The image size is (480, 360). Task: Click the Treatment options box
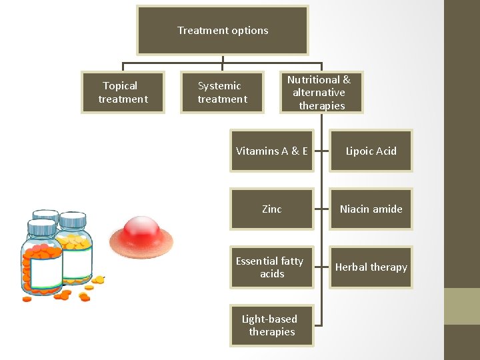coord(222,30)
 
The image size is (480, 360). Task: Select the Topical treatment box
coord(123,92)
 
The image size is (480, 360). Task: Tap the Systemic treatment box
coord(222,92)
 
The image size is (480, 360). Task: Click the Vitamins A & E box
coord(271,151)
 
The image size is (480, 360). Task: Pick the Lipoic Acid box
coord(371,151)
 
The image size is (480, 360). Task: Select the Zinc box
coord(271,209)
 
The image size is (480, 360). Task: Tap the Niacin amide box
coord(371,209)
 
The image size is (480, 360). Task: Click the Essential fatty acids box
coord(271,267)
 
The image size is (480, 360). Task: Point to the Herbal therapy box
coord(371,267)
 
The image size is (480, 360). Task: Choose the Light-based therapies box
coord(271,325)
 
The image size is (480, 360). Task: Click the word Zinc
coord(271,209)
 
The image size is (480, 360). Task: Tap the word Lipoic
coord(359,151)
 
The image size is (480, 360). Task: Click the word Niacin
coord(355,209)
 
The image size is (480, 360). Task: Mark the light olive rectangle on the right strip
coord(462,306)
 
